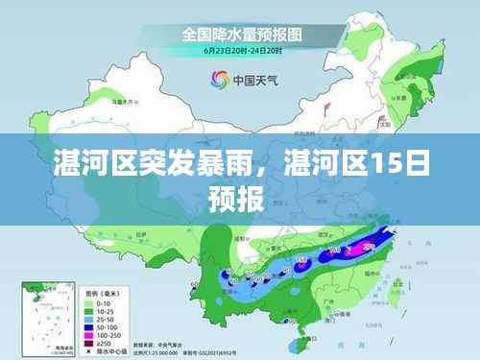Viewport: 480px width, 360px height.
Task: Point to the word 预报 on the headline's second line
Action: [x=239, y=199]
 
